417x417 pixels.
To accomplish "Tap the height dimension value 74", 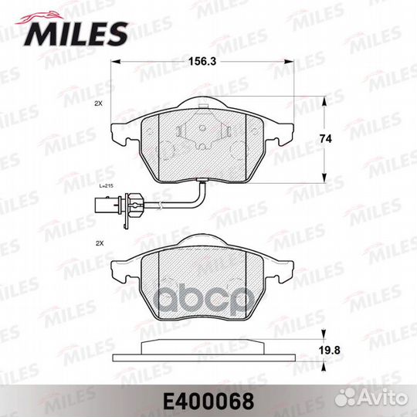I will pyautogui.click(x=327, y=138).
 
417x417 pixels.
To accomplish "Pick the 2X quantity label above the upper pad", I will pyautogui.click(x=98, y=103).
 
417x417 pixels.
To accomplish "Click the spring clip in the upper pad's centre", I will pyautogui.click(x=200, y=132).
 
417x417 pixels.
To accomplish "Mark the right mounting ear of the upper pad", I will pyautogui.click(x=280, y=132).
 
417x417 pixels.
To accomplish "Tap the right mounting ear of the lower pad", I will pyautogui.click(x=280, y=270).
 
